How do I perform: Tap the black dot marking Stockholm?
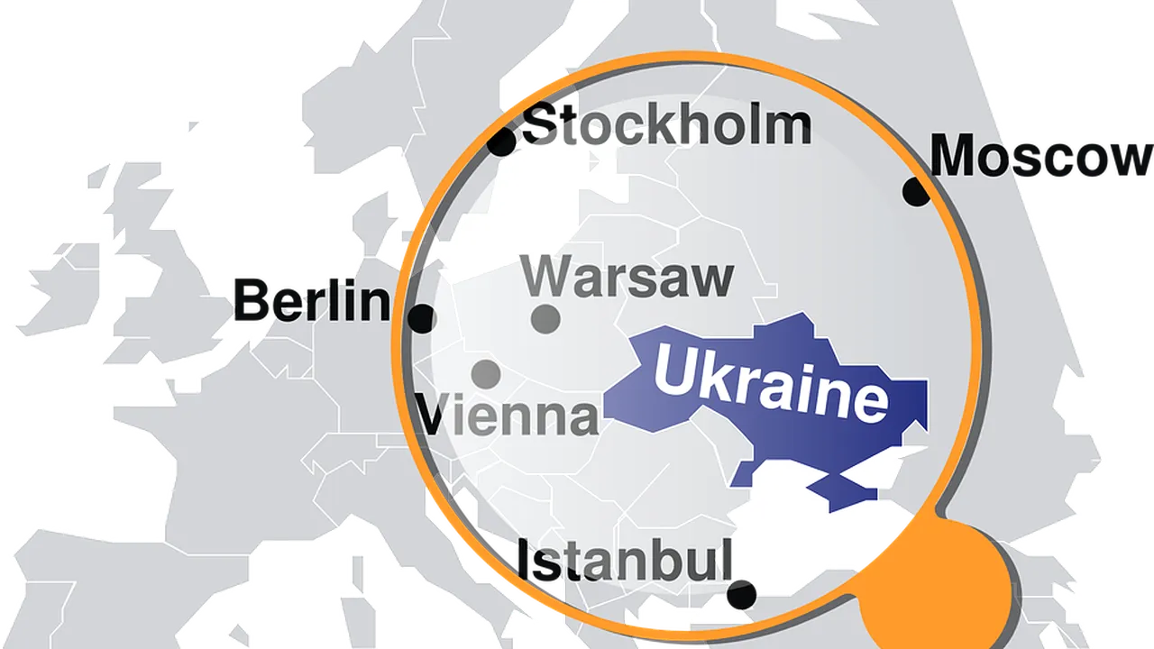click(x=501, y=142)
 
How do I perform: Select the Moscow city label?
click(x=1041, y=156)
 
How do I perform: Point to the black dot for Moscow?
click(x=916, y=192)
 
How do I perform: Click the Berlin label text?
click(x=312, y=301)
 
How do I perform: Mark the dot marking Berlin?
click(x=421, y=318)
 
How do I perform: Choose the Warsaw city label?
click(x=627, y=277)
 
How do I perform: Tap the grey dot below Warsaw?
click(x=545, y=318)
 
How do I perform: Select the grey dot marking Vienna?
click(x=486, y=372)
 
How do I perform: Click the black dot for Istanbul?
click(x=741, y=594)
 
